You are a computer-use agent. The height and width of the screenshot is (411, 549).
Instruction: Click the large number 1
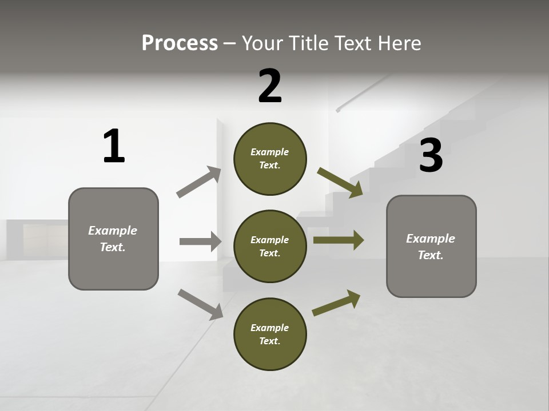point(114,147)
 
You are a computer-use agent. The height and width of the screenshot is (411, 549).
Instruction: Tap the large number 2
point(270,86)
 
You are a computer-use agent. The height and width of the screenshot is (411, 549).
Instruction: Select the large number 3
point(431,156)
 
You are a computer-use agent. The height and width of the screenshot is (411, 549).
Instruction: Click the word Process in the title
point(180,43)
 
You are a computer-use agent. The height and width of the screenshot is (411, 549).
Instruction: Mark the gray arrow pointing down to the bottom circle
point(200,304)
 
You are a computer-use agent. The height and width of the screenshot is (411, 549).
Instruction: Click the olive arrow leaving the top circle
point(340,182)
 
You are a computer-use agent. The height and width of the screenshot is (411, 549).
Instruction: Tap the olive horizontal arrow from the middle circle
point(339,240)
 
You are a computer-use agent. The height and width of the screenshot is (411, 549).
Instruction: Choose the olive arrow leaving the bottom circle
point(336,303)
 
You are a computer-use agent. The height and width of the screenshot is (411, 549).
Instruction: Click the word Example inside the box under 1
point(113,231)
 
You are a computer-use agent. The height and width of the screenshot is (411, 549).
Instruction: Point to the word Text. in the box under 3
point(431,255)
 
